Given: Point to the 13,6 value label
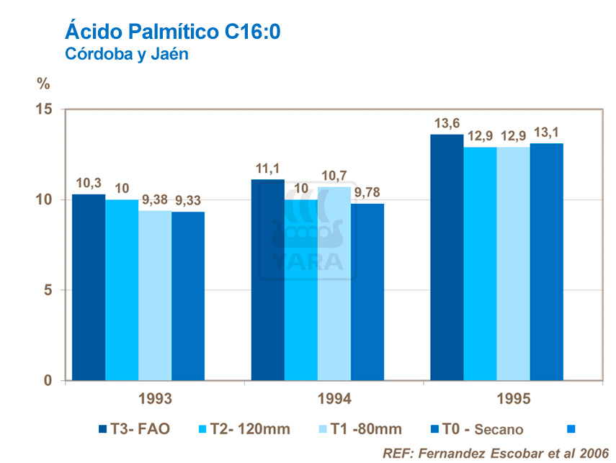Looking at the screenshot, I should [x=447, y=123].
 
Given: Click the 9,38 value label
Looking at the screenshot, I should [x=155, y=199].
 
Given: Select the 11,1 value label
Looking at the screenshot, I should [x=267, y=168].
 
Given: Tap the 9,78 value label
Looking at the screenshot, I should [x=368, y=192].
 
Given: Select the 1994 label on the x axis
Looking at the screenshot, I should [x=334, y=399].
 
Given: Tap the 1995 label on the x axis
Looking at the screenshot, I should [x=513, y=399].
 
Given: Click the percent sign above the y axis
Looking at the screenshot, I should [x=44, y=84].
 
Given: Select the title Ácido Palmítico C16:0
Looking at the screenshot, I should [x=172, y=31].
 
